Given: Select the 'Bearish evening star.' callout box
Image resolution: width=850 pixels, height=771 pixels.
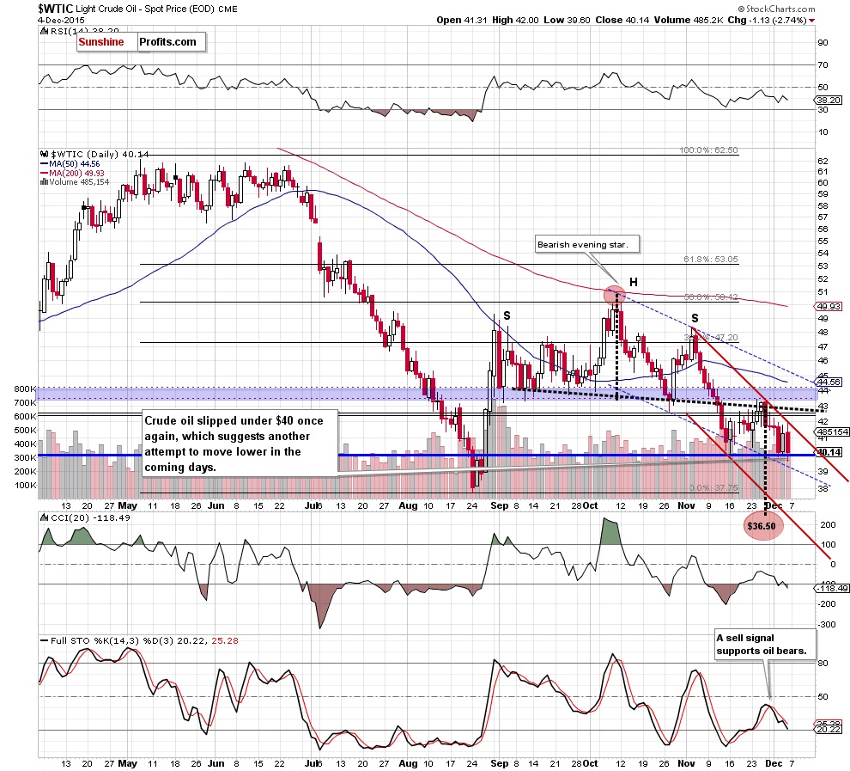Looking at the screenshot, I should click(582, 245).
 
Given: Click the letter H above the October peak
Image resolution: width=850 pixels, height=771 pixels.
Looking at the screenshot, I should click(632, 281).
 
